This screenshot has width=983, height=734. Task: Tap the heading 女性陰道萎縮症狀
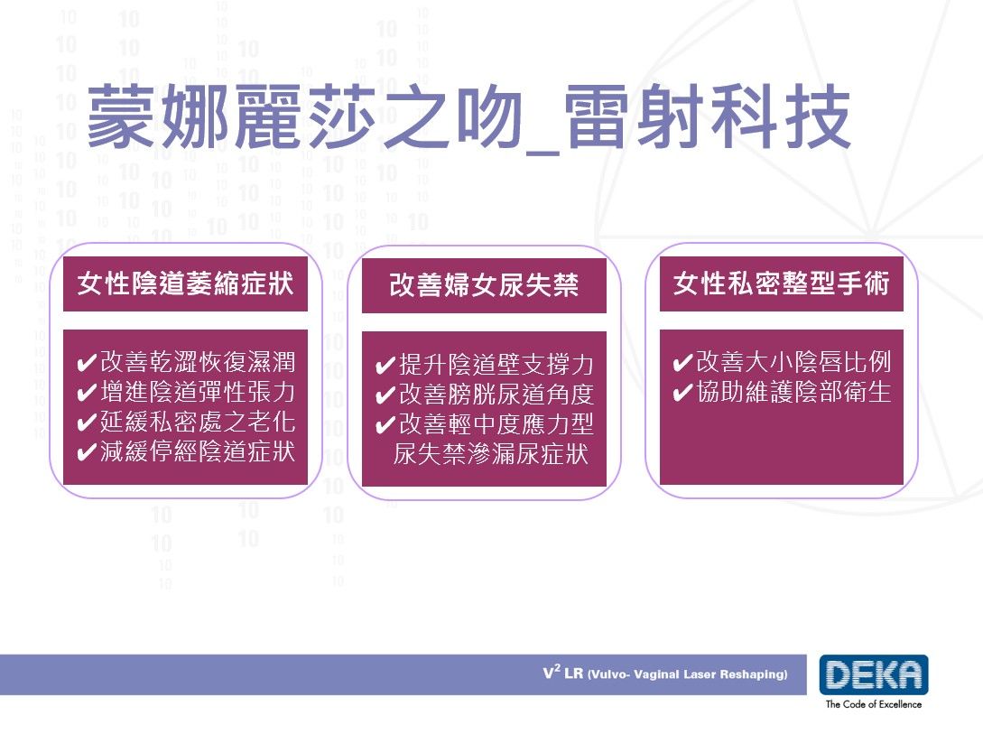tap(185, 283)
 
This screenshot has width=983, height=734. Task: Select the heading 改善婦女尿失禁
tap(483, 285)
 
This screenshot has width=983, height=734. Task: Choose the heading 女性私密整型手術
tap(781, 283)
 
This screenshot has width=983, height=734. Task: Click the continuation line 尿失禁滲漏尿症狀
tap(491, 454)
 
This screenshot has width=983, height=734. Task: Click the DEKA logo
tap(873, 675)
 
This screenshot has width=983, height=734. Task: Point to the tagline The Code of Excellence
tap(873, 704)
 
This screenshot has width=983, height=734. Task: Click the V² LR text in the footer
tap(562, 674)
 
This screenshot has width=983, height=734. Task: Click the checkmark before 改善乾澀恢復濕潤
tap(87, 364)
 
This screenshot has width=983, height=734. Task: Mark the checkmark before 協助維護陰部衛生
tap(682, 394)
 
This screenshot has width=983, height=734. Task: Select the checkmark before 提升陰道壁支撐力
tap(385, 366)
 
